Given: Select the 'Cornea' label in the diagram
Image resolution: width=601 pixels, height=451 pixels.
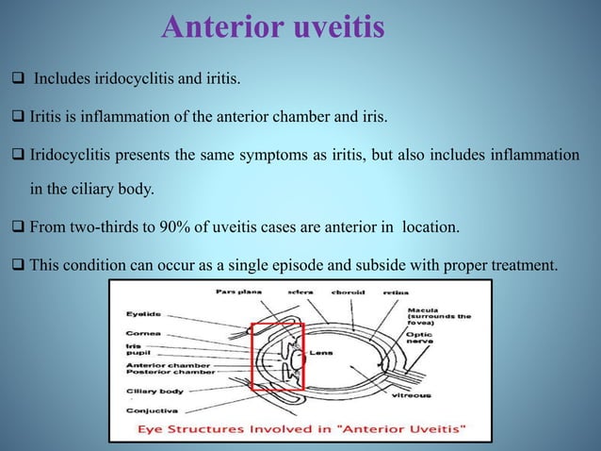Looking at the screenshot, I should [x=142, y=333].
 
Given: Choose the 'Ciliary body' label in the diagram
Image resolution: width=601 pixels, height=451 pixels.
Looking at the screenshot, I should [x=152, y=390].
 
